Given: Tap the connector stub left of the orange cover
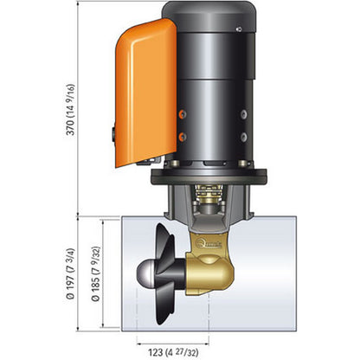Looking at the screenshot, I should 113,133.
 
